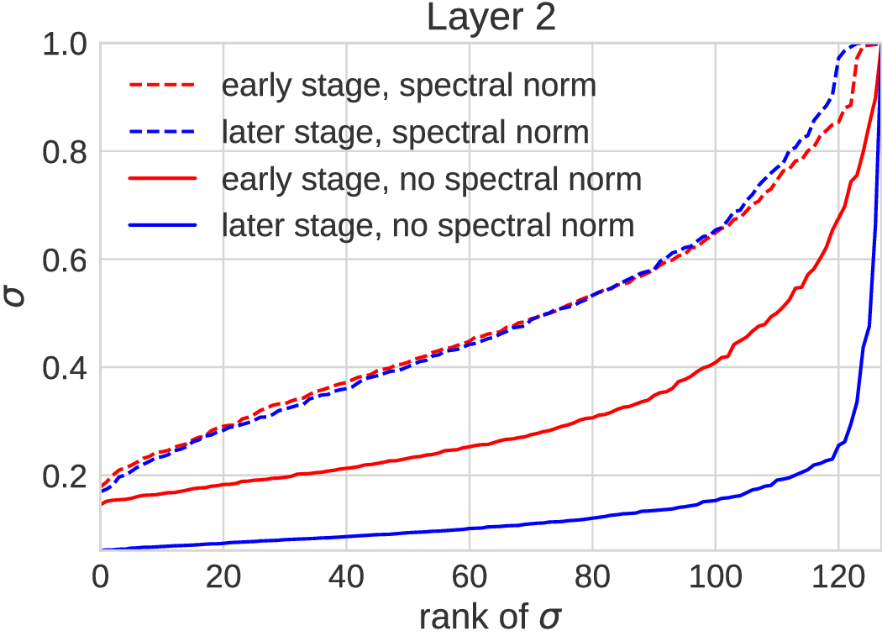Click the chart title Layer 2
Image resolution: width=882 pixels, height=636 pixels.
coord(491,18)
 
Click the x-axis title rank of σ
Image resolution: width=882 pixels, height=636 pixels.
coord(490,618)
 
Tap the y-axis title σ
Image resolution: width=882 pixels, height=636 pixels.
coord(15,296)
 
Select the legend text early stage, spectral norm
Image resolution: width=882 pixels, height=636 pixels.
coord(408,86)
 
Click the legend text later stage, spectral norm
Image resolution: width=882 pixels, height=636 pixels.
coord(405,132)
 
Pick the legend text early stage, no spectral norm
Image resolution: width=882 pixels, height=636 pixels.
coord(431,179)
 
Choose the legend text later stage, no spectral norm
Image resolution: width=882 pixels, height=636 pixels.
coord(428,225)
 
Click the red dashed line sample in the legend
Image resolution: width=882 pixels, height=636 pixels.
coord(162,86)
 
